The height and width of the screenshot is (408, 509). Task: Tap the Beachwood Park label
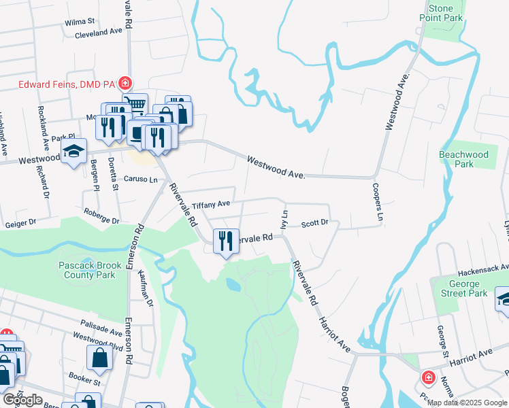463,159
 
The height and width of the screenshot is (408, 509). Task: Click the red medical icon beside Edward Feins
125,84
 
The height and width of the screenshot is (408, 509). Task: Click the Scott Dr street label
315,223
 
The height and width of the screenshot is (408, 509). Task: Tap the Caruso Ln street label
141,180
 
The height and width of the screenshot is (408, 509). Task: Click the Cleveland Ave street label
98,32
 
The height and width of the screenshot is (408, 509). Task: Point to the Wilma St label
79,22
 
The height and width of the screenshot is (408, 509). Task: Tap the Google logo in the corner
22,400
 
